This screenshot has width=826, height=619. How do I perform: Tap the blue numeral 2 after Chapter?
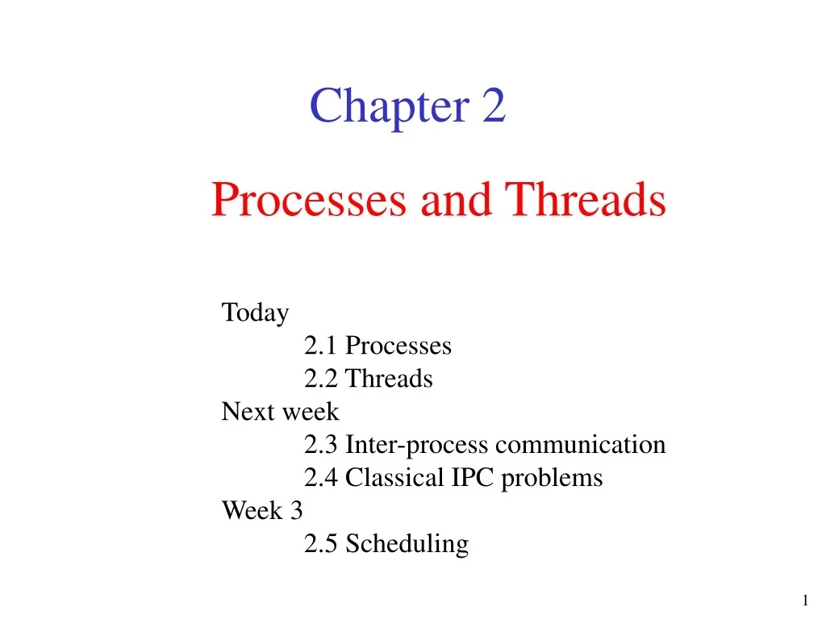pos(494,106)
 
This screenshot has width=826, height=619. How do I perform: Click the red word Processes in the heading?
pos(309,200)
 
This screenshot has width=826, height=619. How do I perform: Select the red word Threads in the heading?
pos(586,200)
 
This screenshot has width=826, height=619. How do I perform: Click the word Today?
pos(255,313)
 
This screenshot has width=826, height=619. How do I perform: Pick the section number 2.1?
pos(320,346)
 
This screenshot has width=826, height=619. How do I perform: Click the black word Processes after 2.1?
pos(398,346)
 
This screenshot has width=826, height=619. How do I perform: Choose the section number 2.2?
pos(320,379)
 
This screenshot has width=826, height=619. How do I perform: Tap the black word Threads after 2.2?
pos(389,379)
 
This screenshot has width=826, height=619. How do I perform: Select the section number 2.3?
pos(320,445)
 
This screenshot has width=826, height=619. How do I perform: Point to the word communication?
pos(581,445)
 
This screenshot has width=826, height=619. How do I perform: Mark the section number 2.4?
pos(320,478)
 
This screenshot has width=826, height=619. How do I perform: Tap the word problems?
pos(552,479)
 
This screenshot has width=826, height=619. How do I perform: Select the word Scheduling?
pos(407,544)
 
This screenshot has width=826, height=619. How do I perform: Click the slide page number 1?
pos(805,600)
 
